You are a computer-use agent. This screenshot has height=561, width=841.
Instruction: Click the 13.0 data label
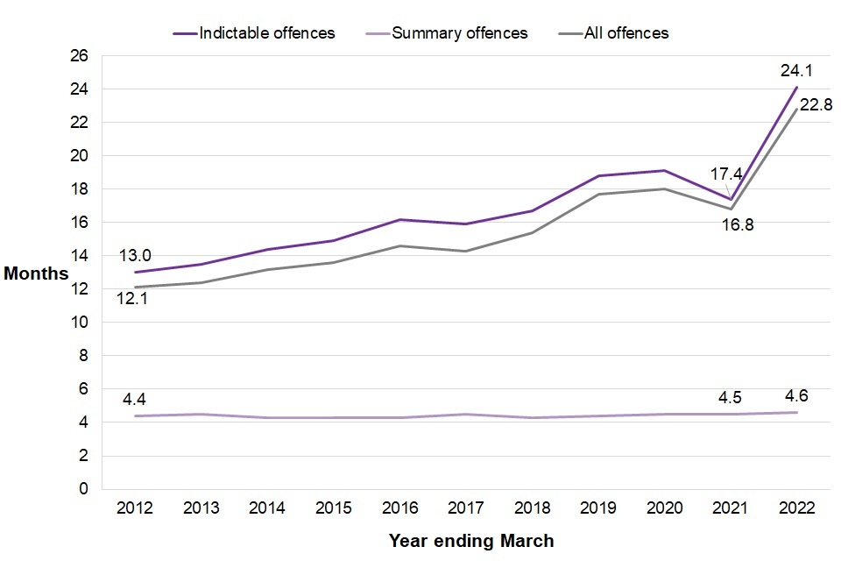pos(136,255)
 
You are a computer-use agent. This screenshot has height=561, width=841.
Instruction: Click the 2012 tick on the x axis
pos(137,508)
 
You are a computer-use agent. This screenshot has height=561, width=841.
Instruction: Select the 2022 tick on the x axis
pos(796,508)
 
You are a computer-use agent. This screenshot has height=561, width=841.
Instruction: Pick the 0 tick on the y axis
pos(84,489)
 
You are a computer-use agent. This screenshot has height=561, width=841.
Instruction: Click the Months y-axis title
pos(36,273)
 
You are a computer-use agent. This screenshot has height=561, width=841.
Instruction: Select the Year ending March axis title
pos(471,541)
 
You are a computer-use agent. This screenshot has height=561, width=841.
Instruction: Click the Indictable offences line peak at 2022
pos(796,87)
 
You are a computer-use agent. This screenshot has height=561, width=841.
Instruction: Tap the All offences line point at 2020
pos(664,189)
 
